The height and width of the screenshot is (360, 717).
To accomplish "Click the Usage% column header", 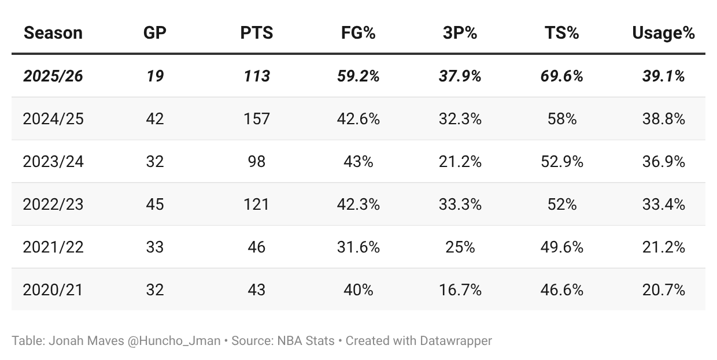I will [x=663, y=33].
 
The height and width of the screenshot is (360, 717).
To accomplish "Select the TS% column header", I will [x=561, y=33].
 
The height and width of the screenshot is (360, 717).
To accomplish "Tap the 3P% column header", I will [x=460, y=33].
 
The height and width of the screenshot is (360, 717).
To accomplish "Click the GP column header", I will [x=154, y=33].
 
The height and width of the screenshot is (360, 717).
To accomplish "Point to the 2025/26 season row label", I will [x=53, y=76].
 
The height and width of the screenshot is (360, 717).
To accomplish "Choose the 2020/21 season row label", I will [x=53, y=290].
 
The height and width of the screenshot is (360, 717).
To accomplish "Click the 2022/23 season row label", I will [x=53, y=204].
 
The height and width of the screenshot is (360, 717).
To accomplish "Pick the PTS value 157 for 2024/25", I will [x=256, y=119].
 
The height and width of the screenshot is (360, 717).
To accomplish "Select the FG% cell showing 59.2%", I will [x=358, y=76].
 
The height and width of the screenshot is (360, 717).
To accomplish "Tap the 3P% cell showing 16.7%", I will [x=460, y=290].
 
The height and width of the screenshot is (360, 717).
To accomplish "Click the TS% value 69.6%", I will [x=561, y=76].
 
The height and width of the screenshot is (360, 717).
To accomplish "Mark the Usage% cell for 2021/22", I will [x=663, y=247].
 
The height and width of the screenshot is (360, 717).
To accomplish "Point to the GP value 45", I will [x=154, y=204].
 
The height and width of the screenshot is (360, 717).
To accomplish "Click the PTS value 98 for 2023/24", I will [x=256, y=161].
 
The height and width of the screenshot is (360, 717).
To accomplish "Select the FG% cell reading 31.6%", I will [x=358, y=247].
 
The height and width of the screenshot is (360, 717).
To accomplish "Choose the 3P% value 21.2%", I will [x=460, y=161].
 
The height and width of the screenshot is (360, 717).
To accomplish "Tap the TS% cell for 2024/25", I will [x=561, y=119].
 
